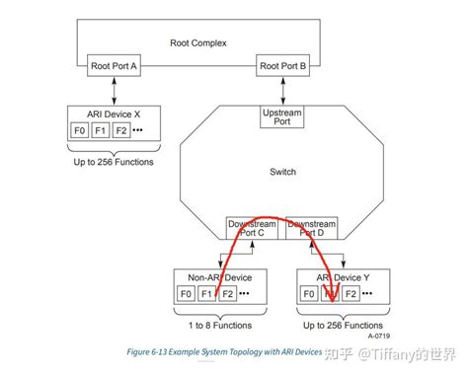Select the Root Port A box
click(115, 66)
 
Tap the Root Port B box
click(282, 66)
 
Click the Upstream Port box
click(282, 118)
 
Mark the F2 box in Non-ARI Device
click(228, 294)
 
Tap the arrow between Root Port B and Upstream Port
click(282, 90)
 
